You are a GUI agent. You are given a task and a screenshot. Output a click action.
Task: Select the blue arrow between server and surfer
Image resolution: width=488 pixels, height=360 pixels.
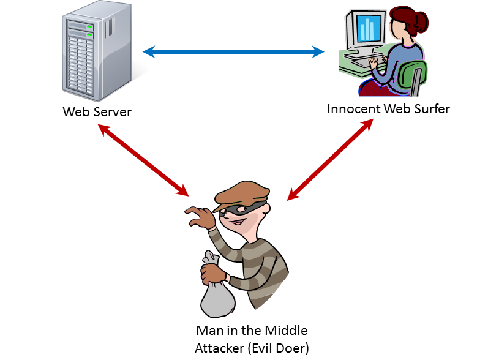tap(233, 53)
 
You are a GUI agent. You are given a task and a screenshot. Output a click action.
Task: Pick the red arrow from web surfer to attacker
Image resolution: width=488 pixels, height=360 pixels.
tap(331, 160)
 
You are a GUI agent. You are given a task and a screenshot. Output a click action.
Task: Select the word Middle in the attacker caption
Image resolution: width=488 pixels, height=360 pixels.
tap(287, 331)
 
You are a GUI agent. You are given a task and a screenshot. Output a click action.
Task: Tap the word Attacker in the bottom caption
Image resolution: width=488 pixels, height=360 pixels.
tap(217, 347)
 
